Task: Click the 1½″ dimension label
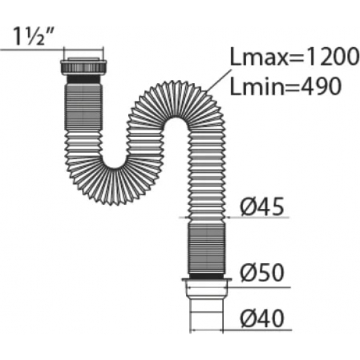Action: (31, 33)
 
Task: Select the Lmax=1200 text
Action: (295, 59)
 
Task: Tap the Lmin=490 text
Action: (286, 86)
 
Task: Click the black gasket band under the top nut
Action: (84, 77)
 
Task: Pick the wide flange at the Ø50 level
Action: (209, 283)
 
